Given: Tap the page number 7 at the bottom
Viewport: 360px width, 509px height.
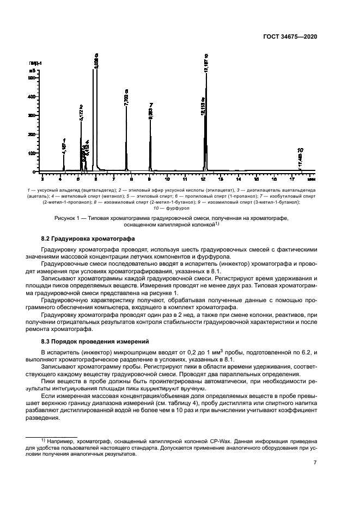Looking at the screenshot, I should coord(315,463).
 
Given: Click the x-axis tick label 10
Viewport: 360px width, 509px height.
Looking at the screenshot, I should coord(167,178).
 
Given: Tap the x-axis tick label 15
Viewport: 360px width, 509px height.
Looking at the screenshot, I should coord(257,178).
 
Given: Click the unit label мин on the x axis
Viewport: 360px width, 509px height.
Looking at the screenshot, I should coord(310,178).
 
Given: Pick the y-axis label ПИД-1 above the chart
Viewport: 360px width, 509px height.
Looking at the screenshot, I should coord(35,64).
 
